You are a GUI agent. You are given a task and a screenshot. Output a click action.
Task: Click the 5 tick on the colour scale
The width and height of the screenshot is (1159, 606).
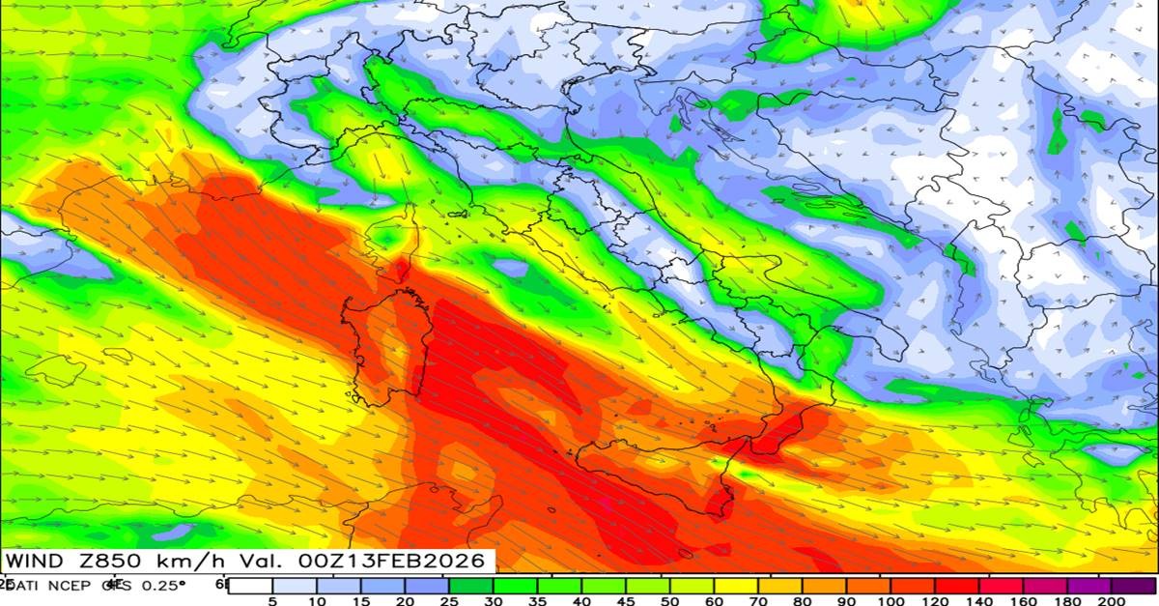point(274,599)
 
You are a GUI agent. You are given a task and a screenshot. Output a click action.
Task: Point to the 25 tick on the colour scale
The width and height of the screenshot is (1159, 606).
point(450,599)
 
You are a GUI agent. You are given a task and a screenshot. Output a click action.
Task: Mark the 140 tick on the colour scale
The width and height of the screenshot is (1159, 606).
point(979,599)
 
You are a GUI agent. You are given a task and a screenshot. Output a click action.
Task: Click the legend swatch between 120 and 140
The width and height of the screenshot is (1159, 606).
point(957,585)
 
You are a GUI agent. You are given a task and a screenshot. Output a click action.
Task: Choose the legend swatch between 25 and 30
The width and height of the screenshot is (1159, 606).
point(472,585)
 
